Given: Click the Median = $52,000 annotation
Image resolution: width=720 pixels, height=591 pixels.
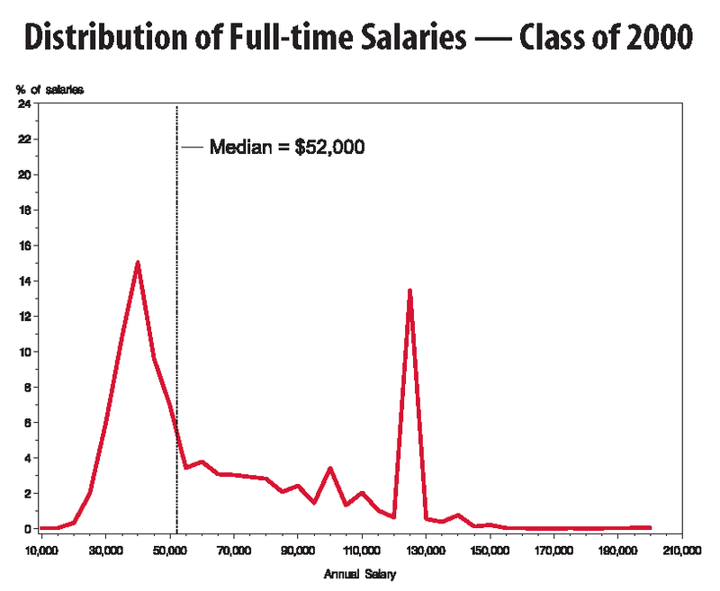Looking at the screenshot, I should (286, 148).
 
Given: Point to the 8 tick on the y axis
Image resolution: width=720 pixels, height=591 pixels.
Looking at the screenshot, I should (27, 387).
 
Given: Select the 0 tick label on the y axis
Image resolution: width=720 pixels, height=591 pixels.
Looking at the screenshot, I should (27, 528).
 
